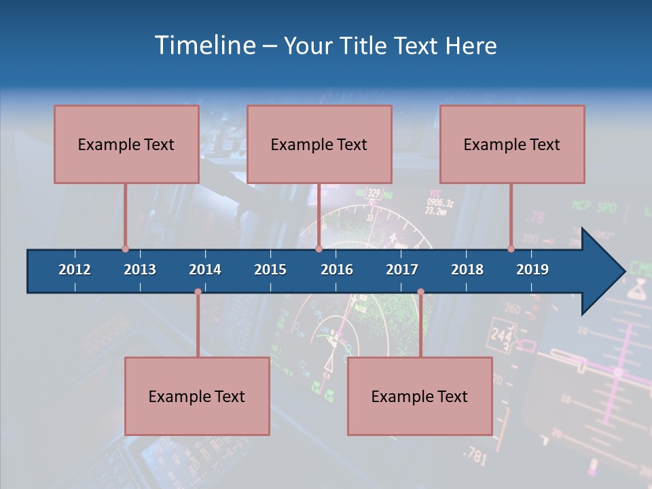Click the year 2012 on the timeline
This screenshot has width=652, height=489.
pos(75,270)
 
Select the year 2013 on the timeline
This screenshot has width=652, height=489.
pos(140,270)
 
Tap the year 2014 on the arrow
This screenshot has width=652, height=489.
pos(205,270)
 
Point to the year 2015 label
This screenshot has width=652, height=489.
pos(270,270)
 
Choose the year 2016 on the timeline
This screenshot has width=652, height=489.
pos(337,270)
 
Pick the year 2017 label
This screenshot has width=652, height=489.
pos(402,270)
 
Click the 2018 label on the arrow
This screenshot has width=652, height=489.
pos(467,270)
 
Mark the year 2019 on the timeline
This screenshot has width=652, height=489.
pos(532,270)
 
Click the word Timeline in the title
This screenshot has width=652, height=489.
pos(204,46)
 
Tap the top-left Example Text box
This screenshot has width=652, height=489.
pos(126,144)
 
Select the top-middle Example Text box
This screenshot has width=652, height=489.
pos(319,144)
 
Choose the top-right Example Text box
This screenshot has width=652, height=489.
pos(512,144)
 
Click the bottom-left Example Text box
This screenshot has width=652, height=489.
pos(197,396)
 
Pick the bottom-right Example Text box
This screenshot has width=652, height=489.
pos(420,396)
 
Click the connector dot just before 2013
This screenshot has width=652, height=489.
pos(125,249)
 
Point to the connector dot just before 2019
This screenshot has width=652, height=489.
pos(511,249)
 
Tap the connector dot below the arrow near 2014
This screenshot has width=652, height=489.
pos(198,292)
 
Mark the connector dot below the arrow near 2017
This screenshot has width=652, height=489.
pos(420,292)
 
